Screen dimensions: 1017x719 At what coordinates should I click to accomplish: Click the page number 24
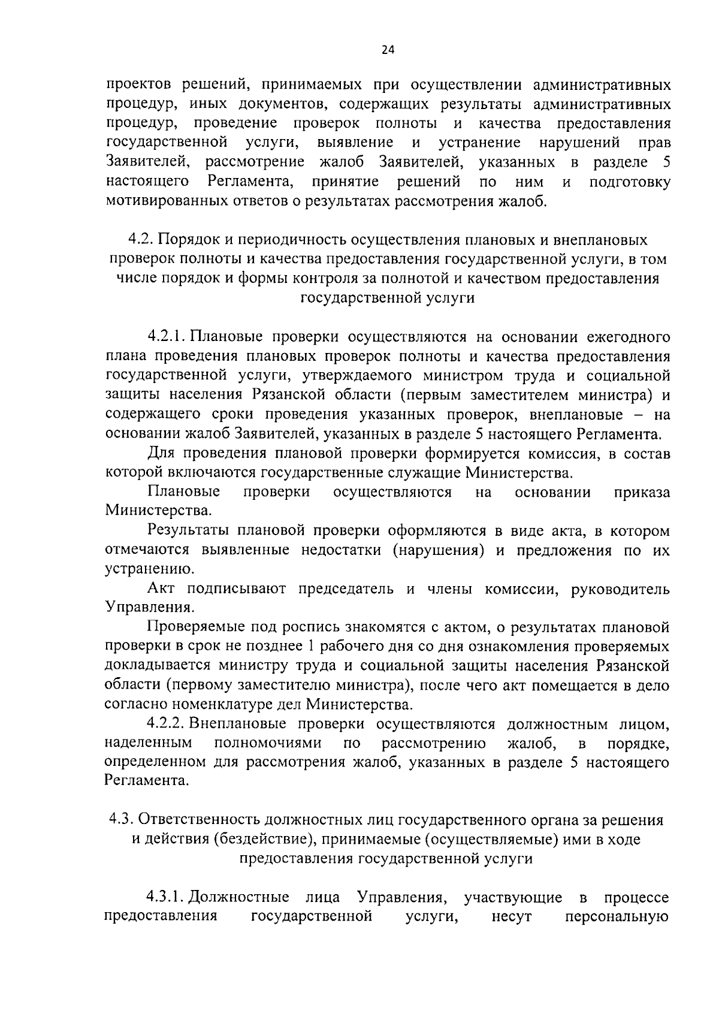[388, 50]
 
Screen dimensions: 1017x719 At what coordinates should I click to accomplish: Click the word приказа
[642, 492]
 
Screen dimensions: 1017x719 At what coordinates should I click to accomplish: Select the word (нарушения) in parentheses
[439, 550]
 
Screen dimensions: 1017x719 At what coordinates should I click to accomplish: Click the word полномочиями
[267, 743]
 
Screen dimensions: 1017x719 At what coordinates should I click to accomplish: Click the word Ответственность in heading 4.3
[204, 820]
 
